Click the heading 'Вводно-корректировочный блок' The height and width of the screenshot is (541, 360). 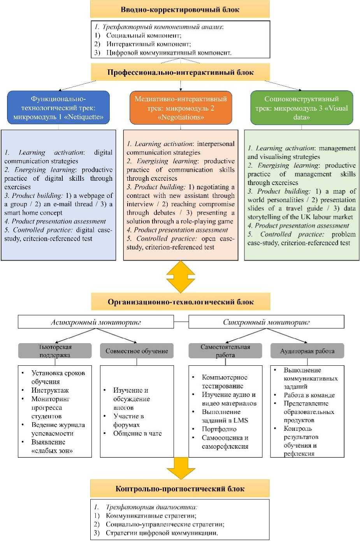pos(180,9)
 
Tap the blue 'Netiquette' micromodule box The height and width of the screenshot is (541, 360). pos(58,108)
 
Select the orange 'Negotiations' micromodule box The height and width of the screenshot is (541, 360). pos(181,108)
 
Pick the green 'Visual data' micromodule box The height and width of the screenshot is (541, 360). pos(302,108)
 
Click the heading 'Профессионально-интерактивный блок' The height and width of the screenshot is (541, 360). pos(180,72)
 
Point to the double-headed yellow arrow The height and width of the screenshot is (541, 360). pos(180,277)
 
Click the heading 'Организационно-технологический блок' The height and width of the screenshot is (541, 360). pos(181,302)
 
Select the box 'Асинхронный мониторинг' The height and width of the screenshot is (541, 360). pos(96,322)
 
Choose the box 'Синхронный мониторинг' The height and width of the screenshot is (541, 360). pos(266,322)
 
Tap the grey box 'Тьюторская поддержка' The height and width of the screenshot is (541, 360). pos(55,351)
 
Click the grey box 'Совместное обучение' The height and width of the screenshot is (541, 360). pos(137,351)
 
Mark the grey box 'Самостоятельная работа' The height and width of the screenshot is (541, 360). pos(225,351)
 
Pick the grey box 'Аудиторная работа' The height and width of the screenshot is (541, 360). pos(307,351)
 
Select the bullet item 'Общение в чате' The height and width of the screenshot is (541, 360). pos(137,434)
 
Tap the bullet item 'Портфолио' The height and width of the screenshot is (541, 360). pos(219,429)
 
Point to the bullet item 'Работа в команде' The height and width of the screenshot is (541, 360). pos(309,395)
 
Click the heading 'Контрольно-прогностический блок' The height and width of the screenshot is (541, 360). pos(180,489)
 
